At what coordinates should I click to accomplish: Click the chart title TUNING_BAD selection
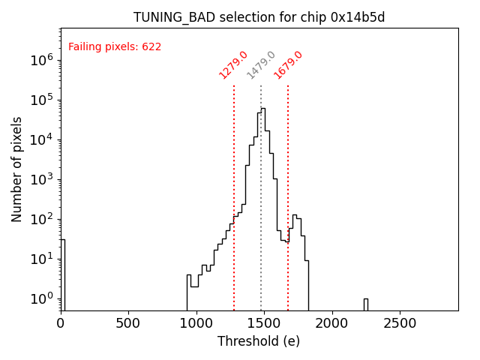tap(259, 17)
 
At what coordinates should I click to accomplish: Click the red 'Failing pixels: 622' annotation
tap(115, 46)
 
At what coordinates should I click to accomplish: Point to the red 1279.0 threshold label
tap(233, 65)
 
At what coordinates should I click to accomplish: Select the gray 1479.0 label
tap(261, 65)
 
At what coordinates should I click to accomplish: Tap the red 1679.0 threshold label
tap(288, 65)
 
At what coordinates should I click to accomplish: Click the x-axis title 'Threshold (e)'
tap(259, 341)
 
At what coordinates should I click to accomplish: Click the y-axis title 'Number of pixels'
tap(17, 169)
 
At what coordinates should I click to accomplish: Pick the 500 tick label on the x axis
tap(129, 323)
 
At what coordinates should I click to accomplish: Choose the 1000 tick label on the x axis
tap(196, 323)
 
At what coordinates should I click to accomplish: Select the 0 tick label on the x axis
tap(61, 323)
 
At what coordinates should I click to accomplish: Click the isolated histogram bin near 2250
tap(365, 304)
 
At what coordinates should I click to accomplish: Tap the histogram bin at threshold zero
tap(63, 274)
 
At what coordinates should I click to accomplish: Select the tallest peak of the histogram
tap(263, 109)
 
